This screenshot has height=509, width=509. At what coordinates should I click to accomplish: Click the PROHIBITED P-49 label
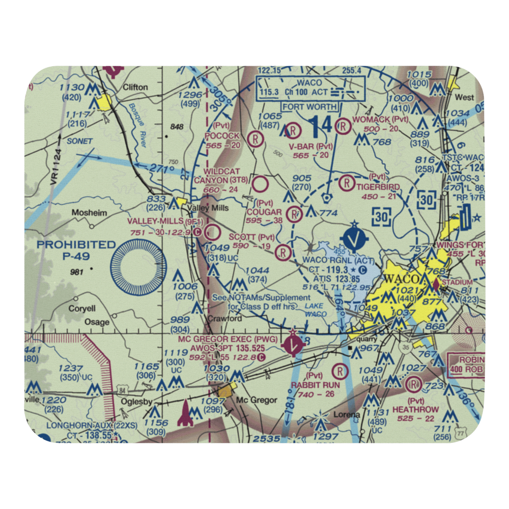click(76, 250)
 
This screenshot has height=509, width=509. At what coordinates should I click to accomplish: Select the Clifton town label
click(135, 87)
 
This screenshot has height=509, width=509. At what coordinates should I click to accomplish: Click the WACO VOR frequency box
click(310, 88)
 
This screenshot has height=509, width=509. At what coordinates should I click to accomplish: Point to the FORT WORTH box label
click(310, 107)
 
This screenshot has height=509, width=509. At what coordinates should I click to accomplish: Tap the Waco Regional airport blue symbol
click(355, 237)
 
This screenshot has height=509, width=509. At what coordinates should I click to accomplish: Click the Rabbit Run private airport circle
click(339, 372)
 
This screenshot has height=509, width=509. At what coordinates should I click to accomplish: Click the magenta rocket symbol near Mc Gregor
click(184, 412)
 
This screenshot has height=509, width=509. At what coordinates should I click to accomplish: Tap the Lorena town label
click(346, 414)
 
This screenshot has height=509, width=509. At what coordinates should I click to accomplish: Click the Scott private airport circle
click(282, 251)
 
